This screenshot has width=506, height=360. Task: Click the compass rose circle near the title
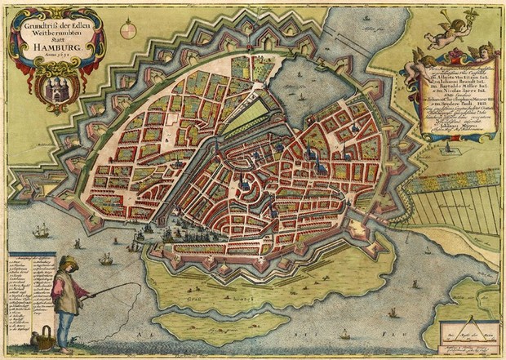[128, 31]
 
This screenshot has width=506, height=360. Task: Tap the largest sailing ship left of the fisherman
[41, 233]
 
